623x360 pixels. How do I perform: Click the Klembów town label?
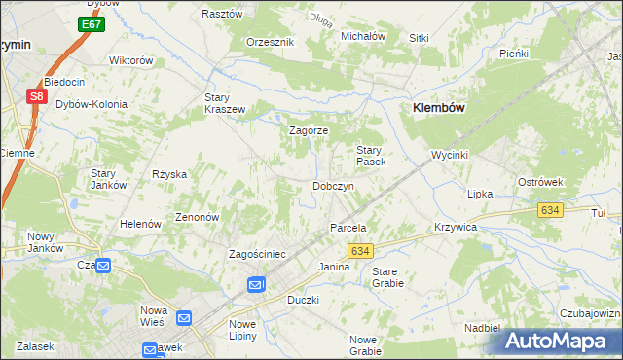point(444,108)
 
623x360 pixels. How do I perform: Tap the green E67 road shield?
point(92,23)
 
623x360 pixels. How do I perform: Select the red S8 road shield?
point(36,96)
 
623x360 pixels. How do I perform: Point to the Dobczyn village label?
point(332,186)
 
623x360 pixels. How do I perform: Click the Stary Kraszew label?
point(224,103)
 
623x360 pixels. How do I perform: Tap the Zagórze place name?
point(310,130)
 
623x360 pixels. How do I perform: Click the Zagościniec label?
point(256,254)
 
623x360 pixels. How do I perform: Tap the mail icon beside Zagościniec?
point(255,284)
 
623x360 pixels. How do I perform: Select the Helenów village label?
point(140,224)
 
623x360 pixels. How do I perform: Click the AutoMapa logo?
point(558,341)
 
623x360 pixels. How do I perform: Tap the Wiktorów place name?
point(132,60)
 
